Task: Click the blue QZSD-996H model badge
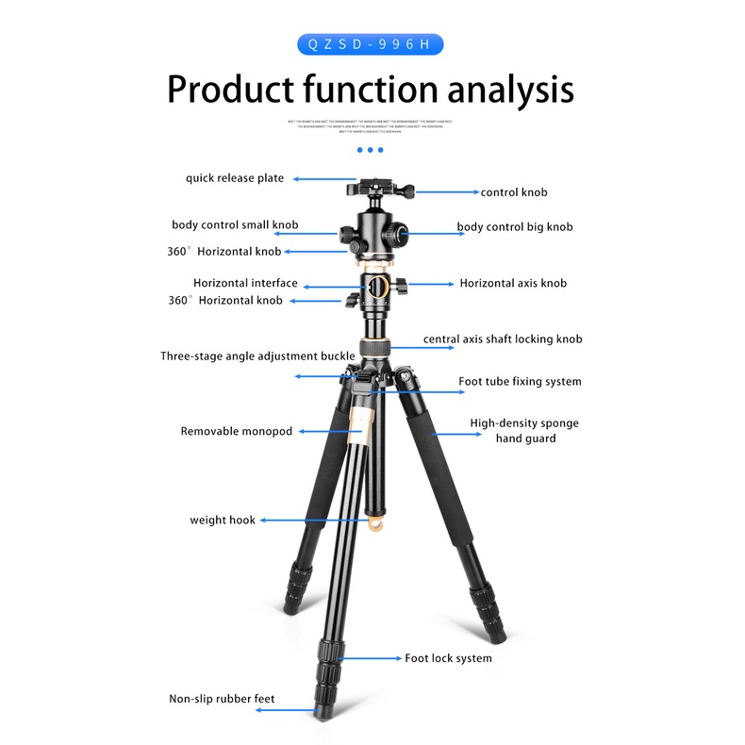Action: click(x=370, y=44)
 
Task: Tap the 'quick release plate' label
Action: click(x=235, y=177)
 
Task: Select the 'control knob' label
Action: click(x=514, y=192)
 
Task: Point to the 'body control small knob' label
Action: click(x=235, y=225)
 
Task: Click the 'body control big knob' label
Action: click(x=515, y=227)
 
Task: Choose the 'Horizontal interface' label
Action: click(x=245, y=283)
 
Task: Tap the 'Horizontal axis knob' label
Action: click(x=513, y=283)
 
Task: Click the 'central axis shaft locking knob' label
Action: click(x=503, y=339)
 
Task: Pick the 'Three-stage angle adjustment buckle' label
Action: click(x=257, y=356)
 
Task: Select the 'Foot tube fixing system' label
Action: click(x=520, y=382)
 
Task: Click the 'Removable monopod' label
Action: click(x=237, y=431)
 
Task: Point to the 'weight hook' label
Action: click(x=223, y=520)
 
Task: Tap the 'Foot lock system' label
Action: click(x=448, y=658)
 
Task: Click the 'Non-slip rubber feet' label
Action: click(x=223, y=699)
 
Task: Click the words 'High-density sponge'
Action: click(x=524, y=423)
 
